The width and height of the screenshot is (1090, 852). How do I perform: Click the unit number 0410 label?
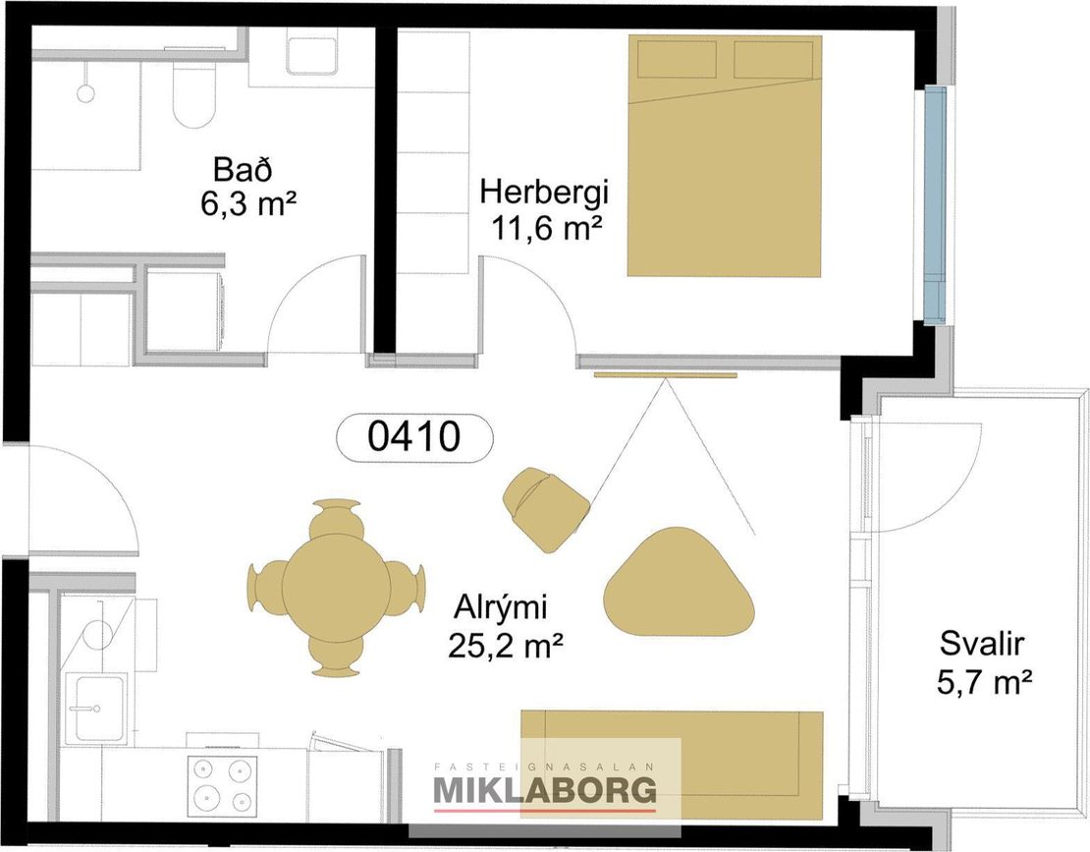pyautogui.click(x=414, y=437)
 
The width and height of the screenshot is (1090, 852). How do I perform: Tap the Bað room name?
pyautogui.click(x=243, y=170)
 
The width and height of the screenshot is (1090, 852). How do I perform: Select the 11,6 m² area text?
pyautogui.click(x=546, y=227)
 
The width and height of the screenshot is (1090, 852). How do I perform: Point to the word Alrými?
pyautogui.click(x=501, y=607)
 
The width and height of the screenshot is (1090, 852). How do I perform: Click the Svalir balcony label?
pyautogui.click(x=982, y=644)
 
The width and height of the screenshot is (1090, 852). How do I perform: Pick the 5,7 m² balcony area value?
pyautogui.click(x=983, y=682)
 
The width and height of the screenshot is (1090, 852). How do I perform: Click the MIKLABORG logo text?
pyautogui.click(x=545, y=790)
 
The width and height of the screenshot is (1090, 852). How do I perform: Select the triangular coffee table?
pyautogui.click(x=678, y=583)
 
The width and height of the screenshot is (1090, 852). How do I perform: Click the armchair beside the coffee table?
pyautogui.click(x=546, y=509)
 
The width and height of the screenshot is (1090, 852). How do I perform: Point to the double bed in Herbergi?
pyautogui.click(x=725, y=156)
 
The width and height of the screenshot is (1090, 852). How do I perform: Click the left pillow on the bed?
pyautogui.click(x=678, y=60)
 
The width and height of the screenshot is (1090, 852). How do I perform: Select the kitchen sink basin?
pyautogui.click(x=96, y=710)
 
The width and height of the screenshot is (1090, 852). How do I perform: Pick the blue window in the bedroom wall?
pyautogui.click(x=936, y=206)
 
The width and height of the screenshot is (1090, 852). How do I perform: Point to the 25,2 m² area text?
pyautogui.click(x=506, y=646)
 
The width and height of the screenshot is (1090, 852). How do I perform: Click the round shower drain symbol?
pyautogui.click(x=85, y=93)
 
